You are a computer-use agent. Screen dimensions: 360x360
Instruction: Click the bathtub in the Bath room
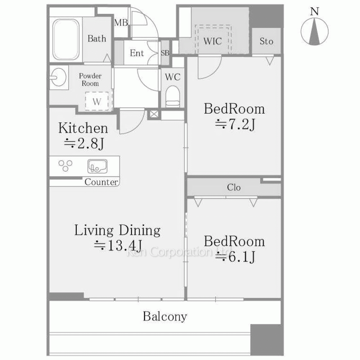coord(66,39)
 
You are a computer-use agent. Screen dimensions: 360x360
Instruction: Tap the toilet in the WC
coord(173,96)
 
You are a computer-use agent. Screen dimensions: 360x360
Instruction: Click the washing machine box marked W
coord(96,101)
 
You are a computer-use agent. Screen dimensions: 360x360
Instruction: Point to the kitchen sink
coord(97,166)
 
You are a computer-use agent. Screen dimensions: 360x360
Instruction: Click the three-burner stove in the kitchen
coord(66,166)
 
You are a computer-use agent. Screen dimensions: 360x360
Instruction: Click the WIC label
coord(212,41)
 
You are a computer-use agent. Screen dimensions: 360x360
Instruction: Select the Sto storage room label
coord(266,41)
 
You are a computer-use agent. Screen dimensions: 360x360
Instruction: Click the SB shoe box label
coord(165,53)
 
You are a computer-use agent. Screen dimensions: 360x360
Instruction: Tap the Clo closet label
coord(234,187)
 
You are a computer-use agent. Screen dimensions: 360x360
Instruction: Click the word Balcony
coord(165,316)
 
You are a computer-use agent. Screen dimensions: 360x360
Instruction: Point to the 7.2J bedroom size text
coord(235,125)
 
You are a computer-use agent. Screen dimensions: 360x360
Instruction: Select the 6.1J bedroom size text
coord(235,257)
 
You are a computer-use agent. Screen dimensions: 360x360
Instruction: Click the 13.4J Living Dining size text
coord(118,246)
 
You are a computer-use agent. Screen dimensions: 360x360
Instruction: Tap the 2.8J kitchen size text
coord(84,144)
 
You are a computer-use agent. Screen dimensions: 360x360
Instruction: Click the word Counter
coord(101,182)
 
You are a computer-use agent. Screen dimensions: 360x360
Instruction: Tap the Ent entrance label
coord(137,53)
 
